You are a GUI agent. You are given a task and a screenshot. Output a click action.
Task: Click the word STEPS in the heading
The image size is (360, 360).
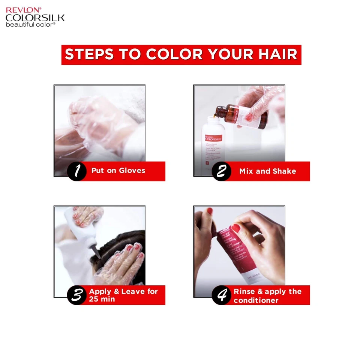click(x=89, y=55)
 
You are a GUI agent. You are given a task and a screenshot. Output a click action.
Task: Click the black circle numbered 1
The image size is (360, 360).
click(x=77, y=171)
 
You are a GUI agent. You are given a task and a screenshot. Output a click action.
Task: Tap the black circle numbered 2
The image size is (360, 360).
click(x=221, y=171)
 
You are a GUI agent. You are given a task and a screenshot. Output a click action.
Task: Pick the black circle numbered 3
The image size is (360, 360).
click(x=77, y=295)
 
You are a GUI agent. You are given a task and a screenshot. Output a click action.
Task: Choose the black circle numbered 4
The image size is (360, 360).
click(x=221, y=295)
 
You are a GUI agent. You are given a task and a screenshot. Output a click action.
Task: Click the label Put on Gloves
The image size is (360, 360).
click(x=118, y=171)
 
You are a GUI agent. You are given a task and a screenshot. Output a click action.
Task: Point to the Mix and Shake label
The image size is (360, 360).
click(x=267, y=171)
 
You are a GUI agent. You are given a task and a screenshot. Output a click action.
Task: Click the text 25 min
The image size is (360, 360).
click(x=102, y=299)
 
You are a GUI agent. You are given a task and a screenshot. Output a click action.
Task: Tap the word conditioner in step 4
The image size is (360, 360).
click(x=256, y=300)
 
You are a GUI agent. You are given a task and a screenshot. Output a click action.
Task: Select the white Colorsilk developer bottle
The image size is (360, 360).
click(x=213, y=146)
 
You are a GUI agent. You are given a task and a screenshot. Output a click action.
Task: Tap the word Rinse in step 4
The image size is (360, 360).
click(x=244, y=291)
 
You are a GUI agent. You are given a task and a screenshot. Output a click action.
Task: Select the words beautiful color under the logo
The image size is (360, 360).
click(x=30, y=24)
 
